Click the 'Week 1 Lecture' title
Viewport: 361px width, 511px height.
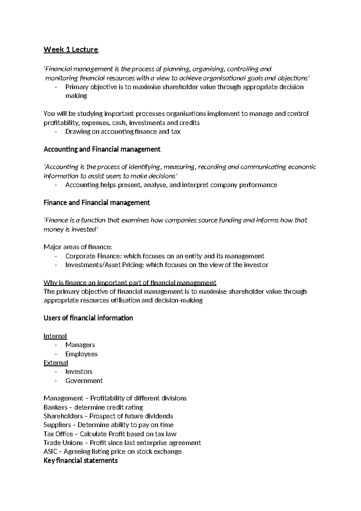click(71, 49)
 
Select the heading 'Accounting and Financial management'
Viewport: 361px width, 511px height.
click(102, 149)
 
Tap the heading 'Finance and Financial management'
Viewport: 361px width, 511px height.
click(97, 202)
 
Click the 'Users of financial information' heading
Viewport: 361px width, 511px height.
click(88, 318)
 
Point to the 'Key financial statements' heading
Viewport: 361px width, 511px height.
click(80, 460)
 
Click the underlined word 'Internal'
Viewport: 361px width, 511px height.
click(55, 336)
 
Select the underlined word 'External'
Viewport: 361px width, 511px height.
click(56, 362)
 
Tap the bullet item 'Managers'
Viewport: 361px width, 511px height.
click(80, 345)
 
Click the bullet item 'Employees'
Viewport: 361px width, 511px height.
click(81, 354)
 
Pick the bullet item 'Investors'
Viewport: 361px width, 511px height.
click(79, 371)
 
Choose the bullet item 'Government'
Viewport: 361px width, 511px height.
click(84, 381)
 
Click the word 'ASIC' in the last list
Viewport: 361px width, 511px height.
click(50, 451)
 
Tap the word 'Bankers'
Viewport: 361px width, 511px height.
click(55, 407)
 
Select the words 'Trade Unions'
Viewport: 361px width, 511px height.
click(63, 443)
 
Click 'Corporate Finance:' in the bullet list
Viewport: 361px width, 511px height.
click(93, 256)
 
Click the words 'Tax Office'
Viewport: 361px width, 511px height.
click(58, 434)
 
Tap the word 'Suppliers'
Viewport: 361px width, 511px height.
click(57, 425)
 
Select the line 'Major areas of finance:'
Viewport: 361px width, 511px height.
click(78, 247)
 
